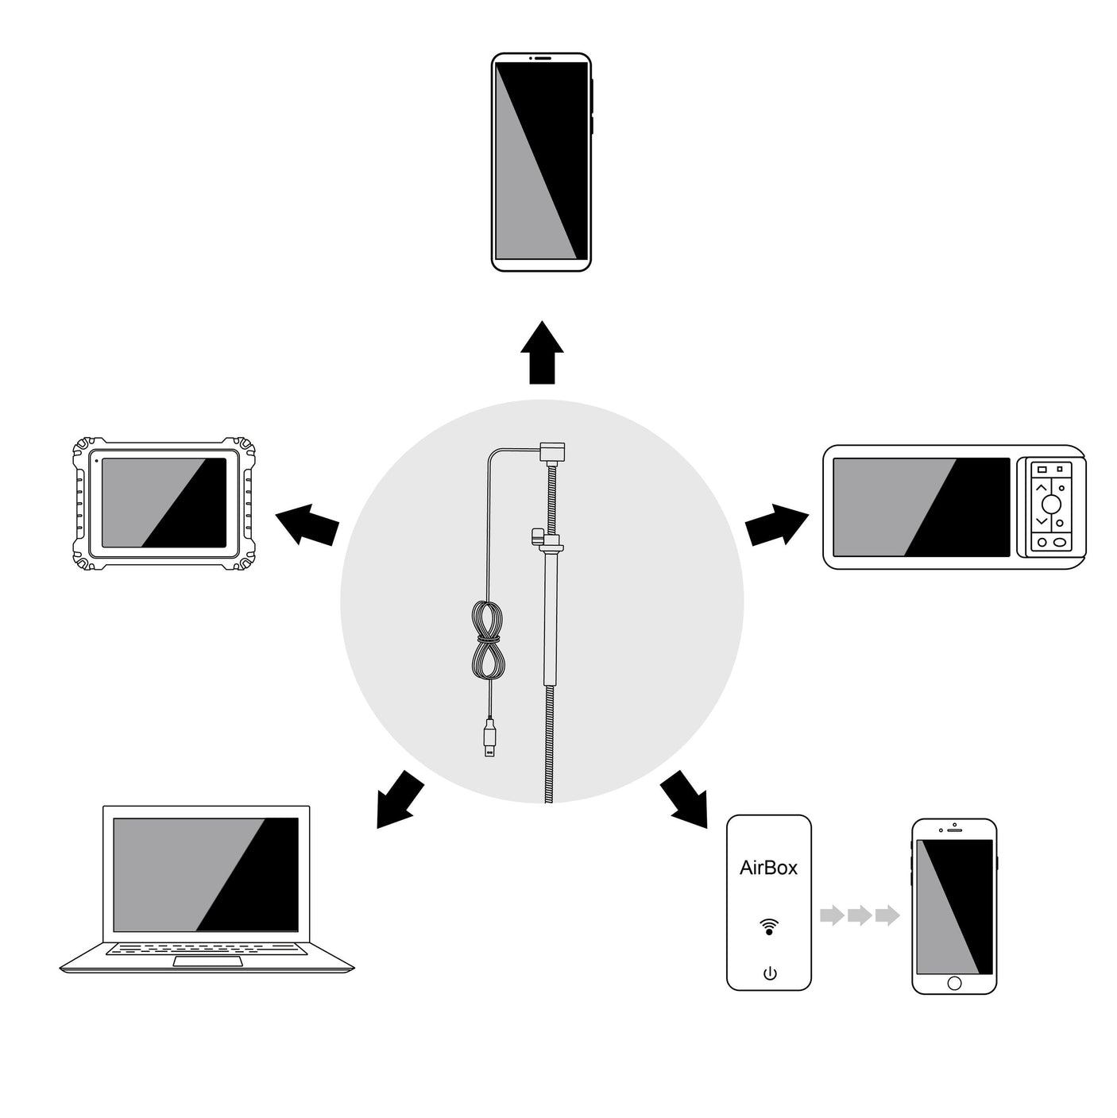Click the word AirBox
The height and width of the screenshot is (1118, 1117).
tap(768, 868)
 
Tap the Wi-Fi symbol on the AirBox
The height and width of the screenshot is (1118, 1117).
tap(769, 926)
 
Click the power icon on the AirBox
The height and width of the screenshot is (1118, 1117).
tap(770, 973)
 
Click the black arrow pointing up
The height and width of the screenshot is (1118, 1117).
tap(542, 352)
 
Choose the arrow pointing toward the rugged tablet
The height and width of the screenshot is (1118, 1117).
tap(307, 524)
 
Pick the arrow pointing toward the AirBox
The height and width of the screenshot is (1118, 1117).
tap(684, 799)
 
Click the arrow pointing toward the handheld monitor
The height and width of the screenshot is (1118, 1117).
tap(777, 524)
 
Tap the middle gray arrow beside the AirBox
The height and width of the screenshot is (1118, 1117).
tap(860, 915)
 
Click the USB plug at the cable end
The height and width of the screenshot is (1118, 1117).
tap(490, 738)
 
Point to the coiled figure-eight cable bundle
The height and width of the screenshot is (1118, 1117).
tap(488, 640)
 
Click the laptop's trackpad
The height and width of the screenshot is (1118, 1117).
tap(207, 962)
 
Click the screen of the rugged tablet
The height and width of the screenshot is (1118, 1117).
tap(164, 502)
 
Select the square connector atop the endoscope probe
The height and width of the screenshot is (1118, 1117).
tap(552, 452)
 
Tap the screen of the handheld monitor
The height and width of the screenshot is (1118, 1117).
tap(922, 507)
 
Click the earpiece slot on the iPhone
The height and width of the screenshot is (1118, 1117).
tap(954, 830)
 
